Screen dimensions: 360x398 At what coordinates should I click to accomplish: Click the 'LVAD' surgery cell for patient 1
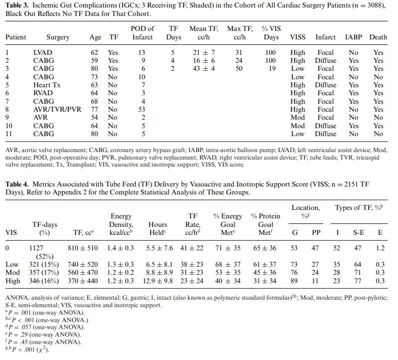pyautogui.click(x=42, y=52)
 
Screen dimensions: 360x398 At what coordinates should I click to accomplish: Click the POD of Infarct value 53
pyautogui.click(x=142, y=109)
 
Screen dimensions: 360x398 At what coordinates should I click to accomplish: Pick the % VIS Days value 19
pyautogui.click(x=272, y=68)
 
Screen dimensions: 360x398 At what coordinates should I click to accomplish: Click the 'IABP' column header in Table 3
pyautogui.click(x=354, y=37)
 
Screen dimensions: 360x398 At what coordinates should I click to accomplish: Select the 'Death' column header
pyautogui.click(x=379, y=37)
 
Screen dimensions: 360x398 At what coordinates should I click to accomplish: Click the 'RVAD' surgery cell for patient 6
pyautogui.click(x=43, y=93)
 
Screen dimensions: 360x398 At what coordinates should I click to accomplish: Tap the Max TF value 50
pyautogui.click(x=239, y=68)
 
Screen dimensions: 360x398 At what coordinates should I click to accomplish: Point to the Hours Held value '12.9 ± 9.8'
pyautogui.click(x=158, y=281)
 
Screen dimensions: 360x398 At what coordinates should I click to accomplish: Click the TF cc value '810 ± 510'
pyautogui.click(x=83, y=248)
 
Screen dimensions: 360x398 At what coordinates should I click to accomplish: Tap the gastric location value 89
pyautogui.click(x=295, y=281)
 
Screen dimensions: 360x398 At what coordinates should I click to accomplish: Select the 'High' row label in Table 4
pyautogui.click(x=13, y=281)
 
